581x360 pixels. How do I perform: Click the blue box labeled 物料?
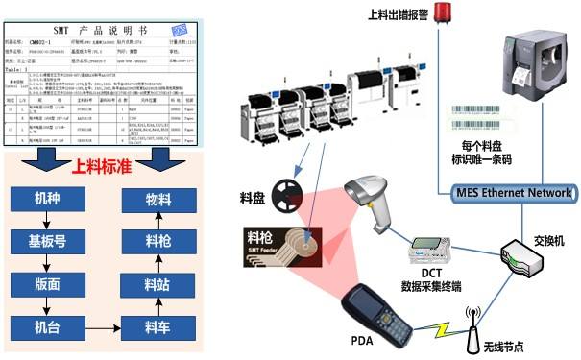(157, 199)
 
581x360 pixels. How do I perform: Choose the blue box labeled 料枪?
(157, 241)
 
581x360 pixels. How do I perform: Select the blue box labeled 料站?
(157, 283)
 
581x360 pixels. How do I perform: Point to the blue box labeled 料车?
(157, 326)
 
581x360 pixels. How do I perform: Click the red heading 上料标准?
(103, 164)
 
